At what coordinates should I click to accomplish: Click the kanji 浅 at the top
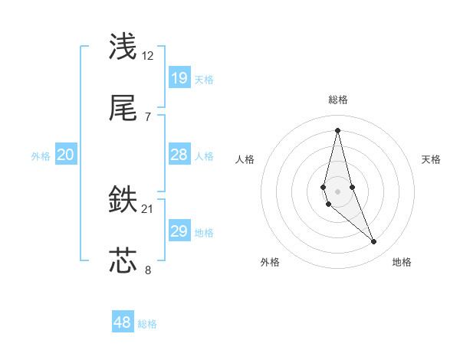click(x=123, y=47)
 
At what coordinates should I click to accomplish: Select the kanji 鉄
click(x=123, y=201)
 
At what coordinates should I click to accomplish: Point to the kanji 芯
click(x=123, y=260)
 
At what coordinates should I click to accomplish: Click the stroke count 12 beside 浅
click(x=148, y=56)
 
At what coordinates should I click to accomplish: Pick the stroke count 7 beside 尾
click(x=148, y=116)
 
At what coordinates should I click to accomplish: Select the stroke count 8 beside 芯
click(x=148, y=270)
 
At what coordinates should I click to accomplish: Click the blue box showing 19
click(x=179, y=77)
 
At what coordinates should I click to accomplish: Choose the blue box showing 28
click(x=179, y=155)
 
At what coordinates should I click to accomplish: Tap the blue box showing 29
click(x=179, y=231)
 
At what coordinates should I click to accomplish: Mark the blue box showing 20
click(x=66, y=155)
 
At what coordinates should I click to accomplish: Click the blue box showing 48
click(x=123, y=322)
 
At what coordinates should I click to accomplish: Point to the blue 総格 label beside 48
click(x=147, y=324)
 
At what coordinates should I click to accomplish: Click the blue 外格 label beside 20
click(x=41, y=156)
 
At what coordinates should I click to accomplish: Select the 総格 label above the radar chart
click(x=338, y=100)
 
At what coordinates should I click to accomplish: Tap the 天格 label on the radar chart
click(x=432, y=159)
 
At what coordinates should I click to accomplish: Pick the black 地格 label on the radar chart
click(x=402, y=262)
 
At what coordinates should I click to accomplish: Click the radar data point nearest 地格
click(x=374, y=242)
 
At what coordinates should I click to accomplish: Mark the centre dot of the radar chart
click(x=337, y=191)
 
